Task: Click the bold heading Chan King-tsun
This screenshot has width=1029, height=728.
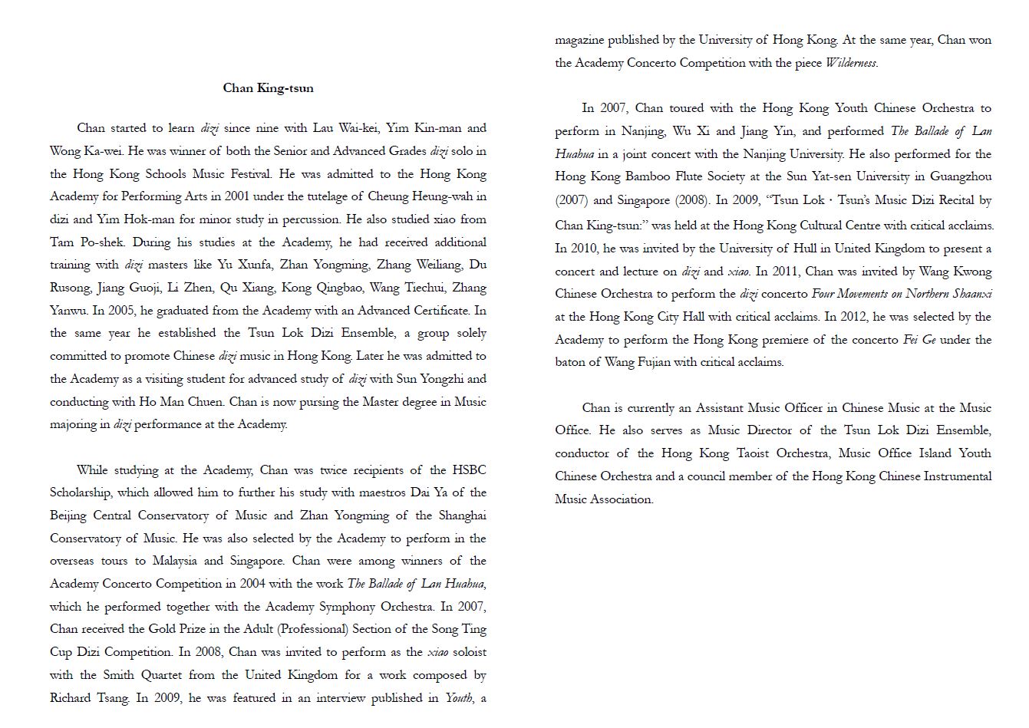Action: (268, 88)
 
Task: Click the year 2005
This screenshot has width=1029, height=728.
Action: (127, 311)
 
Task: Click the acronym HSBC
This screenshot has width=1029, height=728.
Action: (469, 470)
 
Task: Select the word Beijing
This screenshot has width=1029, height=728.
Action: (68, 516)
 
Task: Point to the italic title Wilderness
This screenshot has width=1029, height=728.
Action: (851, 63)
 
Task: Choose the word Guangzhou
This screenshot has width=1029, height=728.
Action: (961, 177)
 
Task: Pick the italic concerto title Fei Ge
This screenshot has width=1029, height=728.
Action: (919, 340)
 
